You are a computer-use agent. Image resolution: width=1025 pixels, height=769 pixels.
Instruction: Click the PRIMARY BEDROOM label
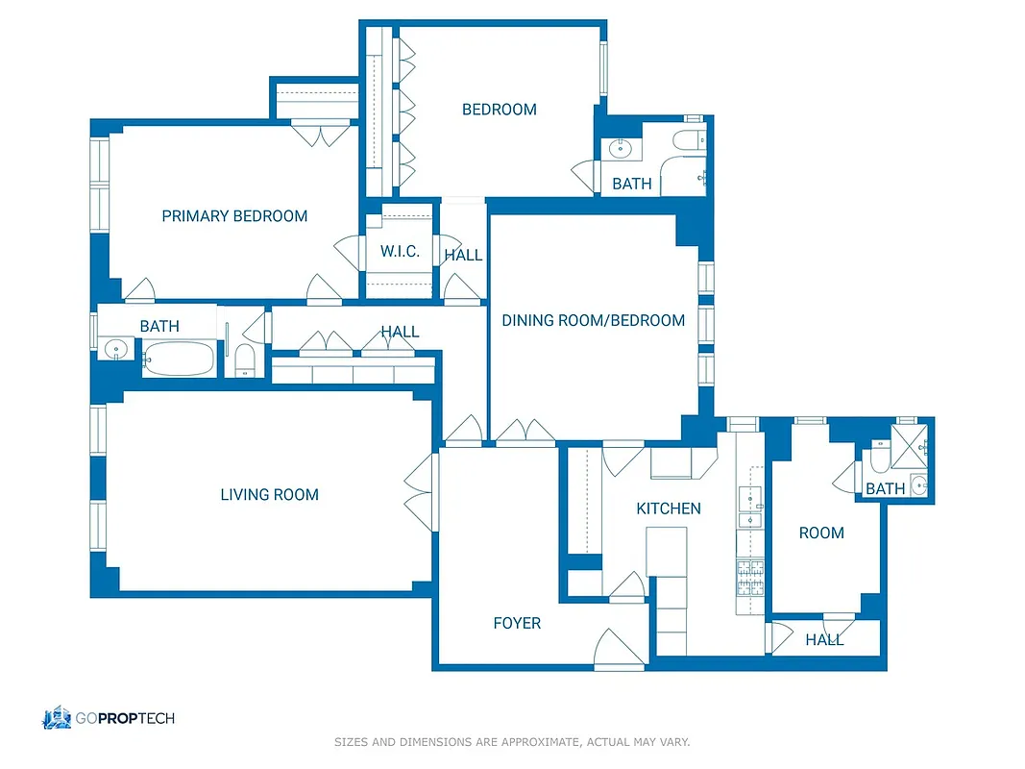[234, 216]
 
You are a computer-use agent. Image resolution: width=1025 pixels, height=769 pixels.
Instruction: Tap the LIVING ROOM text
[269, 495]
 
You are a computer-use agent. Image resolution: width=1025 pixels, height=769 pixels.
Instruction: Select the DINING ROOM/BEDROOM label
[593, 320]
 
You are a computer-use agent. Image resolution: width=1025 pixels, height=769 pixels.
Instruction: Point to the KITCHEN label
[669, 509]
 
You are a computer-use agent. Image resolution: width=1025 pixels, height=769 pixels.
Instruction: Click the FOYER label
[517, 624]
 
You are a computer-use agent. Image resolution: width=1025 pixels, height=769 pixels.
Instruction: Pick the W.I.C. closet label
[400, 252]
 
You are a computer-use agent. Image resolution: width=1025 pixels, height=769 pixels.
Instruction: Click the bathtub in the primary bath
[180, 360]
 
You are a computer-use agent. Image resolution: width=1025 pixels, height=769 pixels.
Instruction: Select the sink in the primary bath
[116, 350]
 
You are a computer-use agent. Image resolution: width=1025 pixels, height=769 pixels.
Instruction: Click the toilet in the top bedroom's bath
[686, 141]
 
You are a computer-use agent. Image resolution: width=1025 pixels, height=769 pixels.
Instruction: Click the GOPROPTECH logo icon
[57, 717]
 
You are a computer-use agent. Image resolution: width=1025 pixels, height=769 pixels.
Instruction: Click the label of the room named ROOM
[821, 533]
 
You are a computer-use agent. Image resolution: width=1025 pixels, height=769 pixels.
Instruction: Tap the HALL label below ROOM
[824, 640]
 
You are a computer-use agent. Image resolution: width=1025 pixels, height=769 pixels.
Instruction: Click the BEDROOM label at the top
[499, 110]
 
